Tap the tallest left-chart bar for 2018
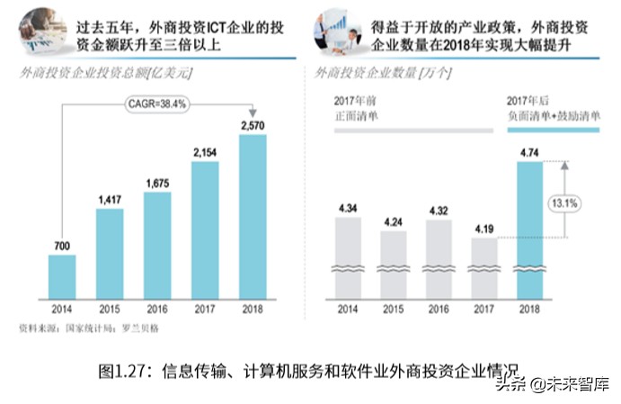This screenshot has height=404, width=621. click(253, 217)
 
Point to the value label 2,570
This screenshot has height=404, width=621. click(253, 124)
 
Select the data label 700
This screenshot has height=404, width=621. click(62, 246)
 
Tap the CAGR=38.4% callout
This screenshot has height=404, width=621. click(155, 103)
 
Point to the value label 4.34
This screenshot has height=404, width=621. click(348, 209)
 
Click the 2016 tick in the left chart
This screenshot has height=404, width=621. click(157, 310)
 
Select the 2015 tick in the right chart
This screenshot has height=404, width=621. click(393, 310)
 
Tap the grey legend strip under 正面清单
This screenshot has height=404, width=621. click(413, 130)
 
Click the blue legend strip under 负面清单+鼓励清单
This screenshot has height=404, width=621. click(553, 130)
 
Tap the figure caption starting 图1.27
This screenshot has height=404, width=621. click(306, 370)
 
